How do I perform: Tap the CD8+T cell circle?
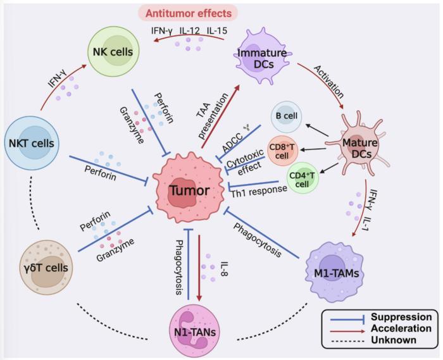(x=283, y=149)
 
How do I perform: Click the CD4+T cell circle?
(x=302, y=177)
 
